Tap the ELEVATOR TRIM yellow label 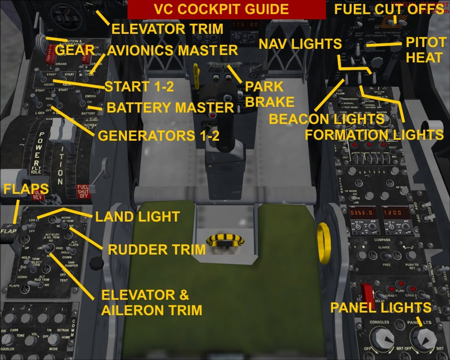coord(167,29)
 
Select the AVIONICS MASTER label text coord(172,50)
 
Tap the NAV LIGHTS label coord(300,44)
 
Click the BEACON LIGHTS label coord(327,119)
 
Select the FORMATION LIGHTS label coord(374,135)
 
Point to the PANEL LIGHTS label coord(381,307)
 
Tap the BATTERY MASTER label coord(170,108)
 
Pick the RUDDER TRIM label coord(157,250)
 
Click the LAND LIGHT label coord(138,216)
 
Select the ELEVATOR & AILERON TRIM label coord(152,302)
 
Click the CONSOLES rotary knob coord(382,339)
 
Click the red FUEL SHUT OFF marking coord(83,191)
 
